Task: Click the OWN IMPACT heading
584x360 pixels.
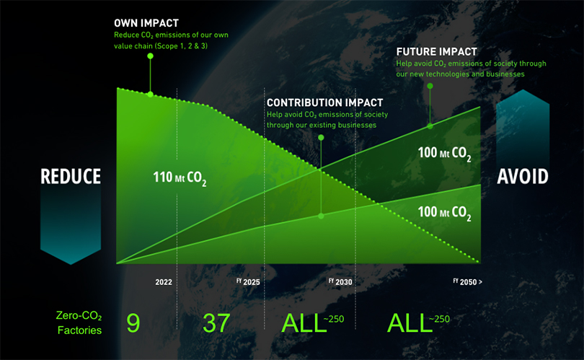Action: (x=146, y=23)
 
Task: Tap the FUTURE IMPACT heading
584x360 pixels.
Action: (x=436, y=52)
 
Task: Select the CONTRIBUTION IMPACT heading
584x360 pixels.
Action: (x=324, y=103)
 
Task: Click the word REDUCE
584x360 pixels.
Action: (x=71, y=176)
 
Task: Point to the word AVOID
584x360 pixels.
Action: (x=523, y=176)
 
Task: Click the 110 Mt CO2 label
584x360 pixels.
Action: (x=180, y=177)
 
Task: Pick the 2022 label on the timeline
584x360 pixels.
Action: (x=164, y=282)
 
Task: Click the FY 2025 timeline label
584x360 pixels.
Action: (x=248, y=282)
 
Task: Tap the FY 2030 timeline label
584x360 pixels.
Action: (x=340, y=282)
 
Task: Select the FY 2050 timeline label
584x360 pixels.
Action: (x=467, y=282)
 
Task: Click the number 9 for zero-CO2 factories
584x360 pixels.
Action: (x=133, y=323)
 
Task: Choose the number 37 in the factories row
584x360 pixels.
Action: (x=216, y=323)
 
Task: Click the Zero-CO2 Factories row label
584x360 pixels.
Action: (x=79, y=322)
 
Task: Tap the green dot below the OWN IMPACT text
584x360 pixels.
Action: (x=150, y=56)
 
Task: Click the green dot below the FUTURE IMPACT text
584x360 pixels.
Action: (x=430, y=86)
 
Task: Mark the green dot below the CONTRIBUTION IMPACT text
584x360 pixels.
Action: (x=321, y=138)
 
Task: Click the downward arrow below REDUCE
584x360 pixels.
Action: (x=71, y=224)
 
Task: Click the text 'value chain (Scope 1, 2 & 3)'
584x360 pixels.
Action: (x=161, y=46)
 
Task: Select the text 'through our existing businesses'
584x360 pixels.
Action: (x=322, y=125)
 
